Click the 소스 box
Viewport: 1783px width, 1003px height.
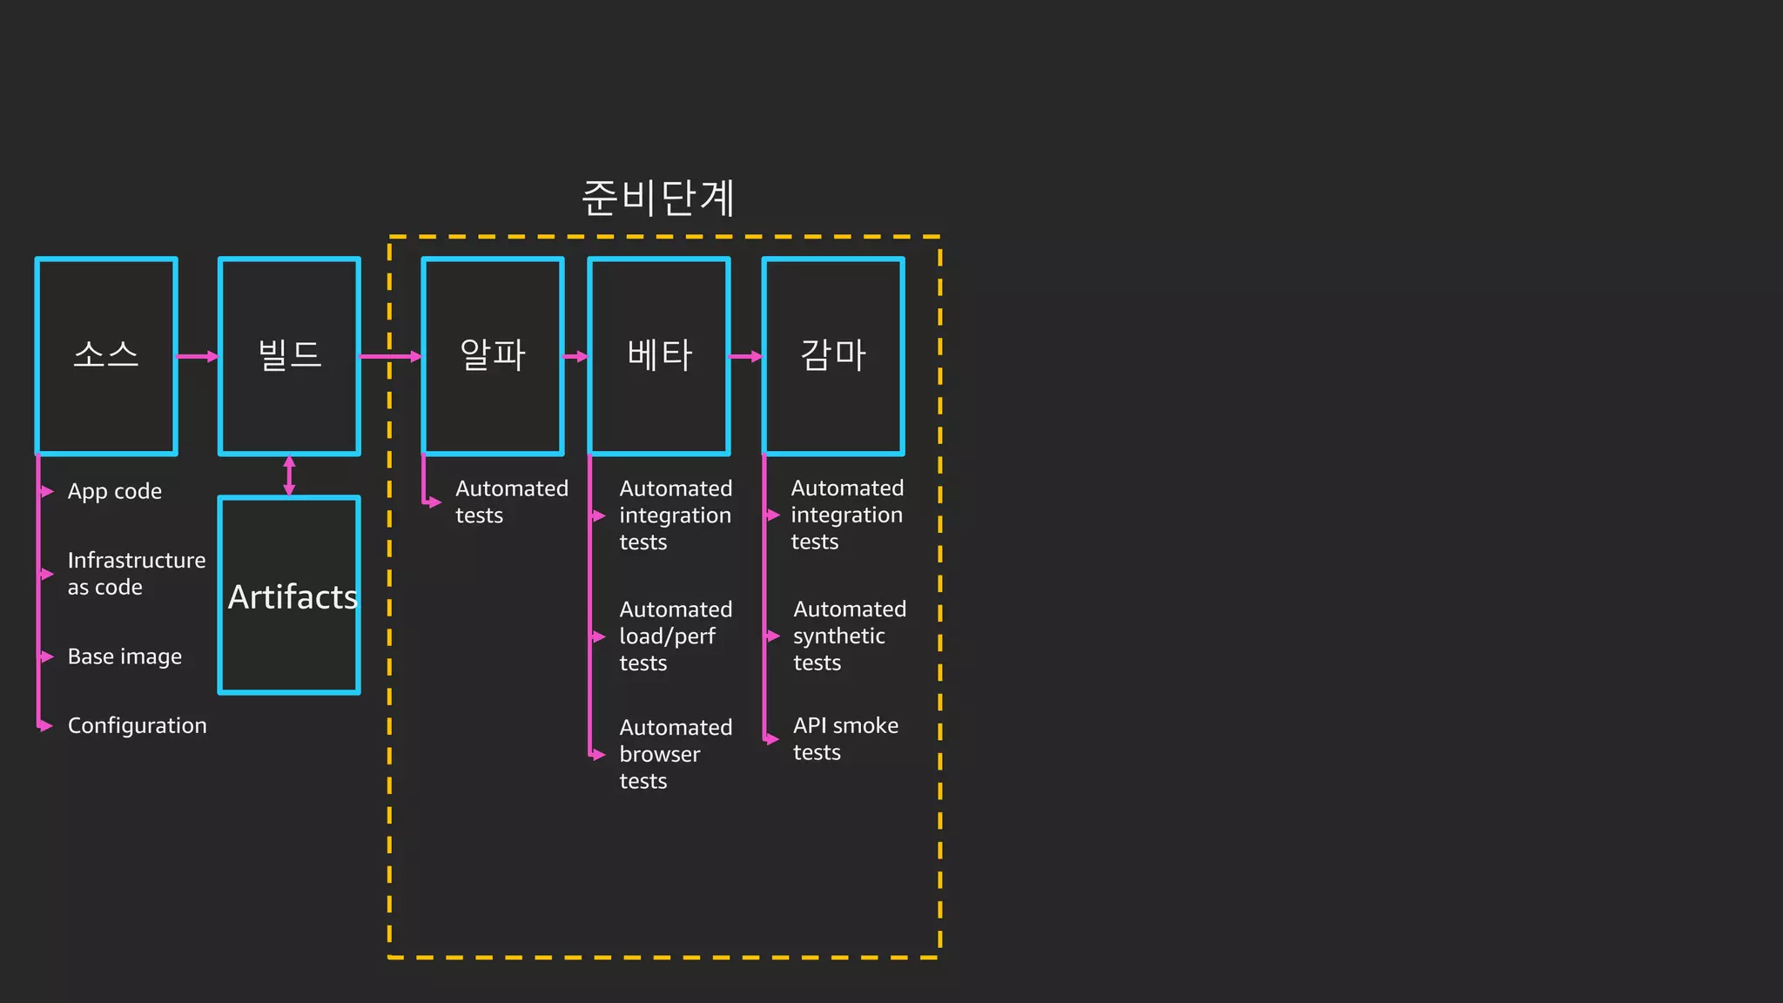coord(106,356)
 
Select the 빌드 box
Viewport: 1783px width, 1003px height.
coord(289,356)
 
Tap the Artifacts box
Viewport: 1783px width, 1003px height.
coord(289,596)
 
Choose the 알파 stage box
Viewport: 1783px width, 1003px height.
coord(493,356)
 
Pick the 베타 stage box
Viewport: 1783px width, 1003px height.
coord(659,356)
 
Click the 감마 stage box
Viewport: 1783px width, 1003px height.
coord(833,356)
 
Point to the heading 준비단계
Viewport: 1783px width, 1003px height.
coord(658,198)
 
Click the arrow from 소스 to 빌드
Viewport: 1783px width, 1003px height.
coord(198,356)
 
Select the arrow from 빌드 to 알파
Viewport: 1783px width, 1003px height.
coord(391,356)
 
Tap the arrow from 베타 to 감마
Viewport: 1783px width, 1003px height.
coord(746,356)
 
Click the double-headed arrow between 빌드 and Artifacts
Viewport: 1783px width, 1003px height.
coord(289,475)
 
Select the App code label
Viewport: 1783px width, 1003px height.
coord(115,492)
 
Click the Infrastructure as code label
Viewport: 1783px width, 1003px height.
coord(137,574)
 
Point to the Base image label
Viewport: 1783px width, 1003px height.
coord(124,656)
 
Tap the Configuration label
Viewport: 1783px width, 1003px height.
coord(137,725)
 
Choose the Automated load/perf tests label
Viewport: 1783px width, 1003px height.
coord(676,636)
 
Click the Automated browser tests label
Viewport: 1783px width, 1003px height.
coord(676,754)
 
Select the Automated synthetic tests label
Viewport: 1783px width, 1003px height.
coord(849,636)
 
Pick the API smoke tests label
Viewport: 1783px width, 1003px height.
coord(845,739)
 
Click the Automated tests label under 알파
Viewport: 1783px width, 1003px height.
coord(511,502)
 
